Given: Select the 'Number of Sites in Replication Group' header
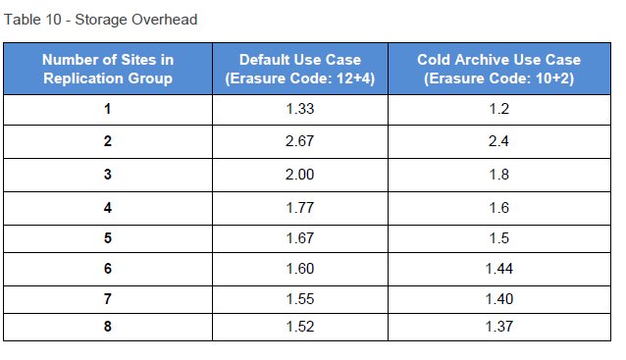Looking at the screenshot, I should click(108, 69).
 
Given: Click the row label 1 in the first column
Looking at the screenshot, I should click(107, 109).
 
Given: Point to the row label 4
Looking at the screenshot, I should click(107, 207).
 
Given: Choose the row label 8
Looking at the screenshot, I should click(107, 326).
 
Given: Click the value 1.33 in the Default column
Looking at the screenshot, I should click(299, 109).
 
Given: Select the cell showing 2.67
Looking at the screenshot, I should click(299, 141).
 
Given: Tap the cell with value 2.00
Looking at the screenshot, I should click(299, 175).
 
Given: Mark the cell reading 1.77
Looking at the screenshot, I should click(299, 207).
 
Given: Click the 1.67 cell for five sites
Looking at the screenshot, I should click(299, 238).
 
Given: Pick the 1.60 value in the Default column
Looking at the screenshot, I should click(299, 268).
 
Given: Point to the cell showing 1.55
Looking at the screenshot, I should click(299, 297).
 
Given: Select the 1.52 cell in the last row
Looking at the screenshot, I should click(299, 326).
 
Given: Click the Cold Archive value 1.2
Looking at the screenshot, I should click(498, 109).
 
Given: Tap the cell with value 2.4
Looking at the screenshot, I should click(498, 141).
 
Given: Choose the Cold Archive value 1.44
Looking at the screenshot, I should click(498, 268).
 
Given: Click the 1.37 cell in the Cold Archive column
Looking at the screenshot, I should click(498, 326).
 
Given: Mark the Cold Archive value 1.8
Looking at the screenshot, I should click(498, 175).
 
